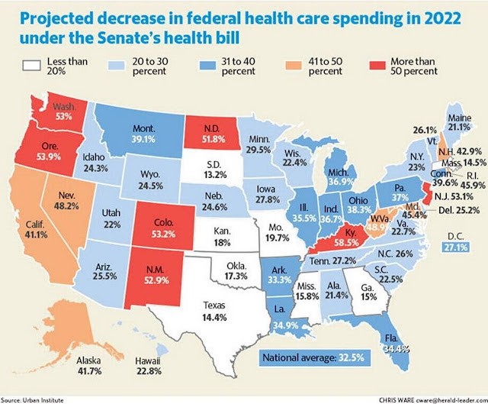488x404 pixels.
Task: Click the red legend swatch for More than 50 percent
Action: [x=377, y=66]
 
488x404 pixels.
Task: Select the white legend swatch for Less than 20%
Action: [x=31, y=66]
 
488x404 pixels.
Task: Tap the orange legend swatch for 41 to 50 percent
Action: [x=294, y=66]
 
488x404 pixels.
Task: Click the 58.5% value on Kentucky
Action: [x=346, y=242]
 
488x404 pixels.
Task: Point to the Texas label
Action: [x=214, y=305]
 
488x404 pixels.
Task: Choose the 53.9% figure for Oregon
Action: [x=49, y=156]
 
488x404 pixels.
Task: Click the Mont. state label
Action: [x=143, y=128]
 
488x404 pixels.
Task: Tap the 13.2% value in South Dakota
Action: [x=215, y=175]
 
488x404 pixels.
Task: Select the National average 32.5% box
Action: [x=315, y=357]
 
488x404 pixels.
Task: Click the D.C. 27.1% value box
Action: [x=456, y=247]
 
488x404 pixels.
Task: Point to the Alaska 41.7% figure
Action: [x=89, y=371]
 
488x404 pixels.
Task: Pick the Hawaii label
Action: [x=147, y=361]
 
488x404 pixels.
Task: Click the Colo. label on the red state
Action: [x=164, y=222]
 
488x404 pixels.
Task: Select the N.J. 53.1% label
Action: [x=454, y=196]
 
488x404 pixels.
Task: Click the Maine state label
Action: [x=459, y=118]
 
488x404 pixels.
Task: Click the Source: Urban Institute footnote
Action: [x=32, y=400]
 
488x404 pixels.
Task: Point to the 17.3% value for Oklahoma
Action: [x=236, y=276]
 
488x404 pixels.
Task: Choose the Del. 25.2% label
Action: [x=459, y=211]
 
